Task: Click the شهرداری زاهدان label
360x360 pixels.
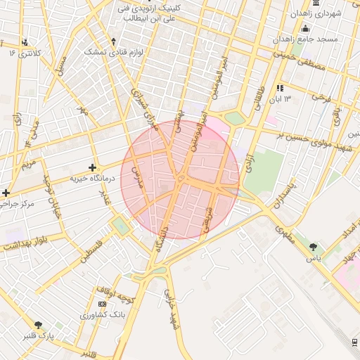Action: (x=337, y=13)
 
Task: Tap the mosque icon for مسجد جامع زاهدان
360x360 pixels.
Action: (x=305, y=29)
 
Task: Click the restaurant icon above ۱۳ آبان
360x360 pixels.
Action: (x=280, y=88)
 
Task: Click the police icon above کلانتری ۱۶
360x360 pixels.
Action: (x=25, y=42)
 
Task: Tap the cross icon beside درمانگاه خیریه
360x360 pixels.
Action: (x=93, y=167)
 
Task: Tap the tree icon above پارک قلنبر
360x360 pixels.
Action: (x=38, y=325)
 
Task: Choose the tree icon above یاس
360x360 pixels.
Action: (x=313, y=247)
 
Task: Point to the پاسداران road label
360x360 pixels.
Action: (x=285, y=193)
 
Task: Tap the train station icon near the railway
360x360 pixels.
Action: (x=354, y=342)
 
